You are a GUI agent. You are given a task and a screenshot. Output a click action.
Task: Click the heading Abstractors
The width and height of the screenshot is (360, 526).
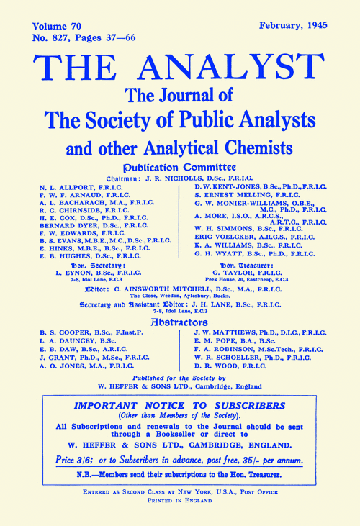click(x=180, y=322)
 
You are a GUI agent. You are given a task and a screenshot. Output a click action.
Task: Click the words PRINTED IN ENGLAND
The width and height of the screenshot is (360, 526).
click(x=180, y=506)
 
